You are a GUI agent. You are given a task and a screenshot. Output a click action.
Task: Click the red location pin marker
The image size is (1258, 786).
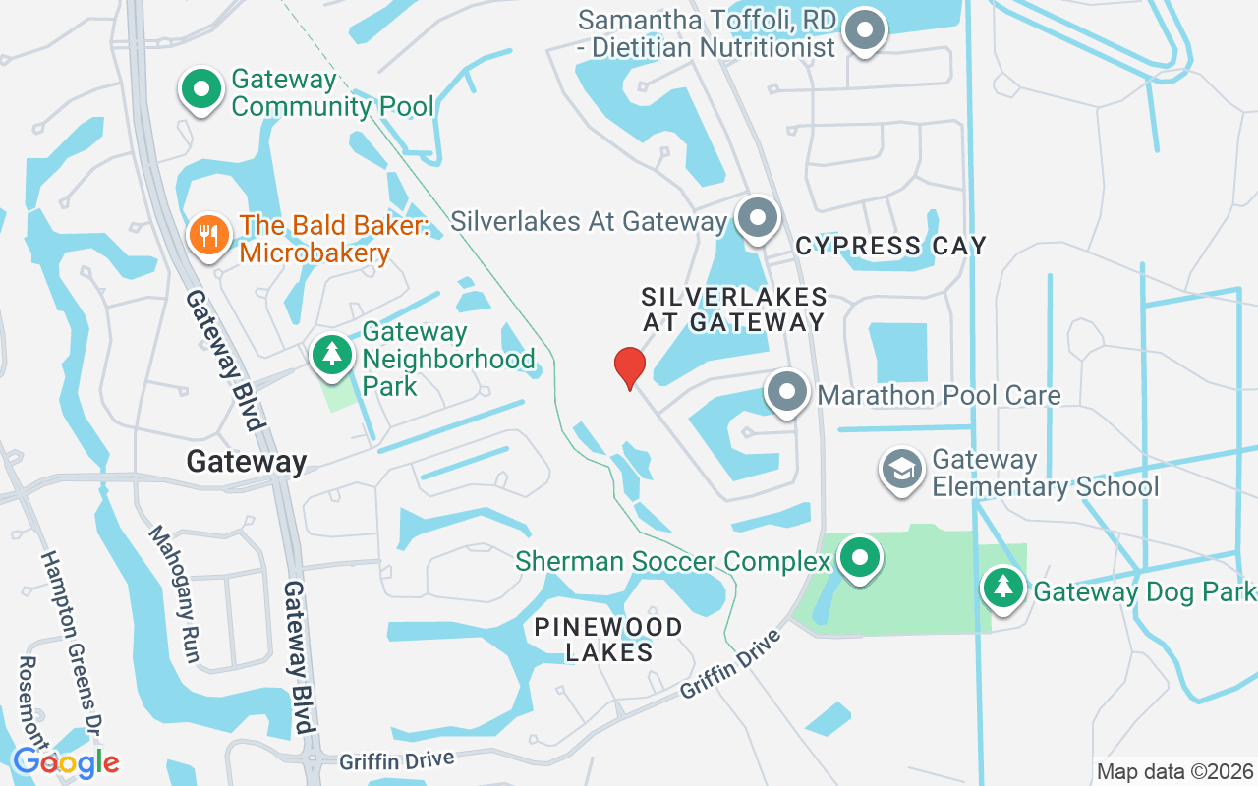629,367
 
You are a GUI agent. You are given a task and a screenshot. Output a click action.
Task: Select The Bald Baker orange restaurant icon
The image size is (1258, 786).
208,236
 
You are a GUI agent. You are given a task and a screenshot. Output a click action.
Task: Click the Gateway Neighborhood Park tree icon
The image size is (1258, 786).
332,355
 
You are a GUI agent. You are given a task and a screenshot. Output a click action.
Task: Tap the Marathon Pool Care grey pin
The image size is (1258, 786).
786,393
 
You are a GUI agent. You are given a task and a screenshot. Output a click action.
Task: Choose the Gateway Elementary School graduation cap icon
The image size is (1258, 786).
901,470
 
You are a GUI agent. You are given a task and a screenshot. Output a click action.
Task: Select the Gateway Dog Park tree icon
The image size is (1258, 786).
1002,589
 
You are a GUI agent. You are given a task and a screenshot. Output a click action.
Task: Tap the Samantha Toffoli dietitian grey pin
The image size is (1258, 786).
865,29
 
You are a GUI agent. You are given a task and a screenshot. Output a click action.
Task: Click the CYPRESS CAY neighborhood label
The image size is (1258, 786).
890,246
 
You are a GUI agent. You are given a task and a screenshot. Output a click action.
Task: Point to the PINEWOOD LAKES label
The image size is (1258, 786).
608,639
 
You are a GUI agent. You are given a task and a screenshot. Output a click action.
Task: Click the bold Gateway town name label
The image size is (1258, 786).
247,461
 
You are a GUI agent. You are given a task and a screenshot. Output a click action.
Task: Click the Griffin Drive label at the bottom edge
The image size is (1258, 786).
397,760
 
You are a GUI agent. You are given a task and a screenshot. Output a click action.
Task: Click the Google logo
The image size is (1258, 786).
66,761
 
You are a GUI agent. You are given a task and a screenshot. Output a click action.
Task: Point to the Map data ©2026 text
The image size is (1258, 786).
1175,771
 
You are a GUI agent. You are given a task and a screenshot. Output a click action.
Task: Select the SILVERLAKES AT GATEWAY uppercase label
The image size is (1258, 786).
734,309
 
